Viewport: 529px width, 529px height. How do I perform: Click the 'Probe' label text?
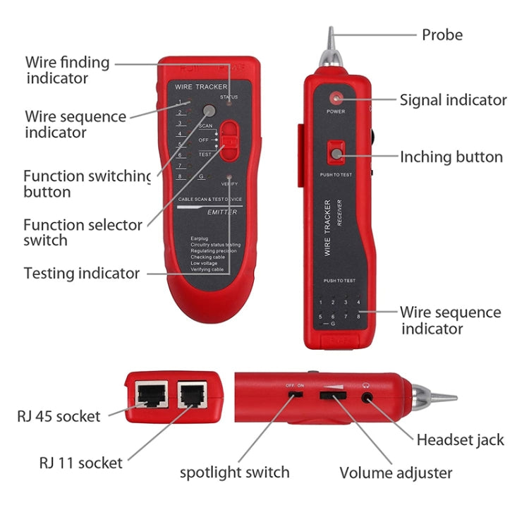click(442, 34)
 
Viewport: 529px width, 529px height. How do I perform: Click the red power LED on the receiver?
click(336, 98)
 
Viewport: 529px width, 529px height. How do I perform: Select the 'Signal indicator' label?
click(453, 100)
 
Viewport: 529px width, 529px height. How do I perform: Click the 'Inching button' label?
click(451, 157)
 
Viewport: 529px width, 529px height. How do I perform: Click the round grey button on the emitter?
click(209, 111)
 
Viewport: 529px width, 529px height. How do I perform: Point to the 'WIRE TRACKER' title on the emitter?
click(201, 87)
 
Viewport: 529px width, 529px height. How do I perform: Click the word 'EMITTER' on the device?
click(222, 212)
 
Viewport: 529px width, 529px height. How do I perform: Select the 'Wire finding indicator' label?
click(68, 70)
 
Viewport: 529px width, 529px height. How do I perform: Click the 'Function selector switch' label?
click(83, 233)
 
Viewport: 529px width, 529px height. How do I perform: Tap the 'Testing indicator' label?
click(81, 274)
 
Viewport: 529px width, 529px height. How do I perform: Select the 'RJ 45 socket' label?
click(59, 416)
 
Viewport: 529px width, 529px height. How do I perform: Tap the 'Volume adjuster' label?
click(396, 473)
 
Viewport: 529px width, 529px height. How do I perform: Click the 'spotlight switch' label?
click(234, 473)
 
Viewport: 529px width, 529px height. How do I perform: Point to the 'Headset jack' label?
click(460, 440)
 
